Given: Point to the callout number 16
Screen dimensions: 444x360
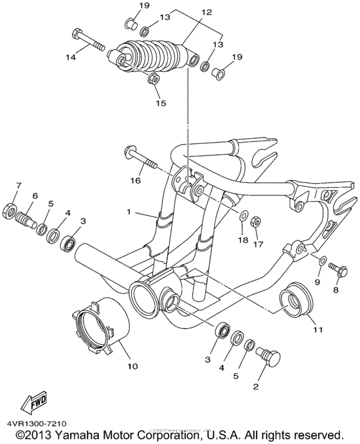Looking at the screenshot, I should pyautogui.click(x=136, y=181).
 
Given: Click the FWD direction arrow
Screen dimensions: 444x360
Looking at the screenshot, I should pyautogui.click(x=29, y=404).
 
